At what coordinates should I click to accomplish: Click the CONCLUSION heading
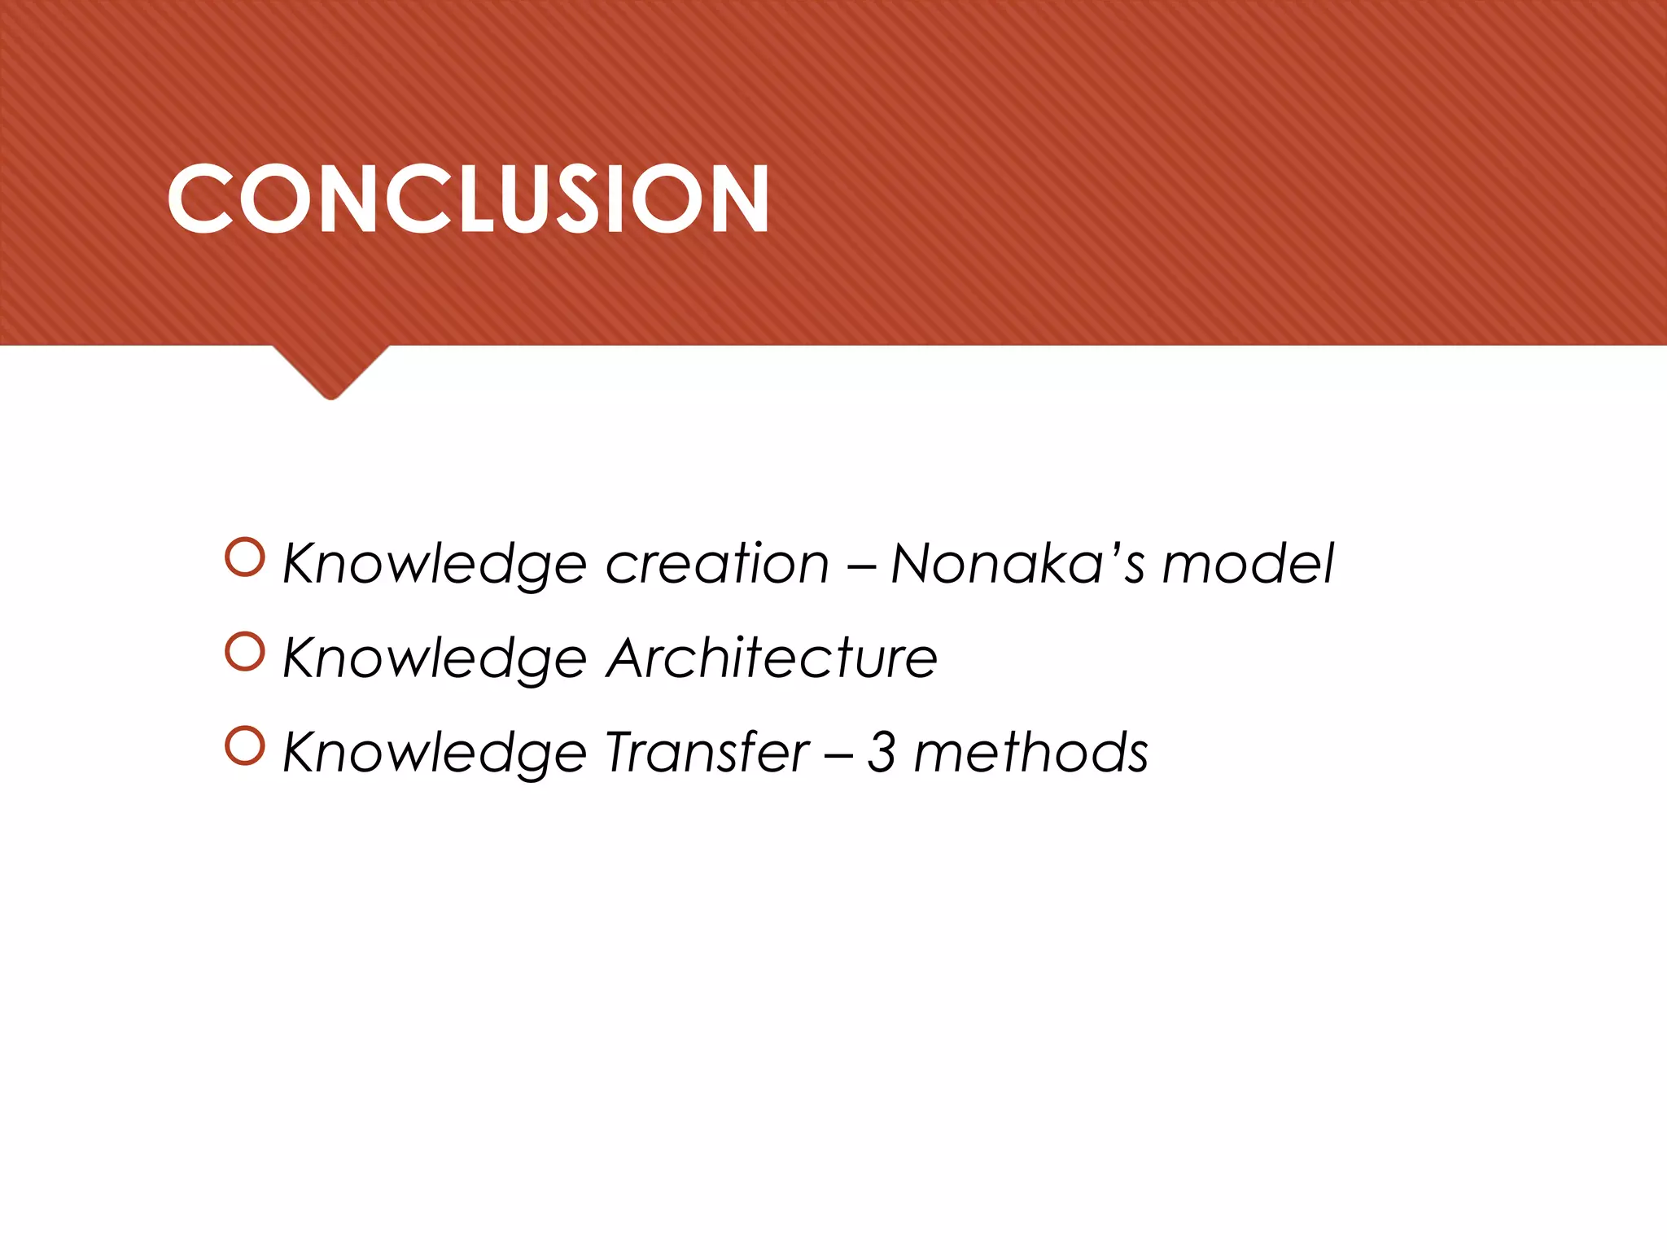[x=468, y=199]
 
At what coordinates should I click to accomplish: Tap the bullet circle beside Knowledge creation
[x=245, y=557]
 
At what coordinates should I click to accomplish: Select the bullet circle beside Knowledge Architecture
[x=245, y=652]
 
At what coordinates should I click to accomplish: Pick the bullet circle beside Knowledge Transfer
[x=245, y=746]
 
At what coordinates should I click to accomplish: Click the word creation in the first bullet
[x=717, y=563]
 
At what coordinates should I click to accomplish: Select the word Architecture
[x=772, y=658]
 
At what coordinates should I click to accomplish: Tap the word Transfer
[x=707, y=752]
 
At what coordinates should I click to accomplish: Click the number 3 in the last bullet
[x=882, y=752]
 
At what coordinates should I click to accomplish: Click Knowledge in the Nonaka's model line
[x=434, y=565]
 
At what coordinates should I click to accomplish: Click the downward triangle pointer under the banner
[x=330, y=370]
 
